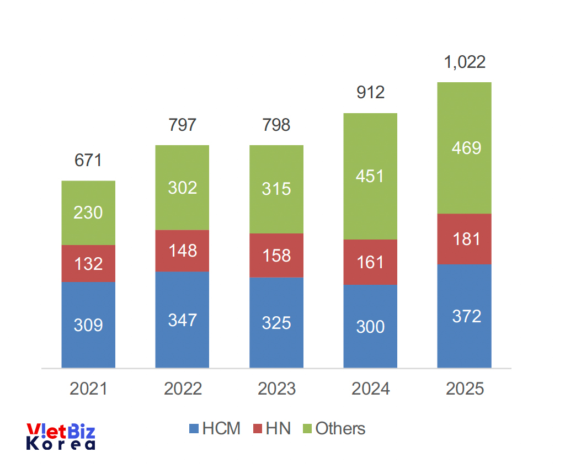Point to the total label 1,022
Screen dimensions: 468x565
[x=465, y=62]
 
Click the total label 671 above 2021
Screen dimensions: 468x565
[x=88, y=161]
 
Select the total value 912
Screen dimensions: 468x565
[x=370, y=92]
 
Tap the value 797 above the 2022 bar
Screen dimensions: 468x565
[x=182, y=125]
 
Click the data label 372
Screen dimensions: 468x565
[x=464, y=316]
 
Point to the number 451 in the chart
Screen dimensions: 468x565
[x=370, y=177]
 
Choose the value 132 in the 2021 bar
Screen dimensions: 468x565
[x=88, y=264]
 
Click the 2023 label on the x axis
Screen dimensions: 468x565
[x=276, y=389]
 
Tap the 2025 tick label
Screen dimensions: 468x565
[x=464, y=389]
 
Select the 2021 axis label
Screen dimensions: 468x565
[x=88, y=389]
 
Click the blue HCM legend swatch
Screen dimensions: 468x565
[x=194, y=429]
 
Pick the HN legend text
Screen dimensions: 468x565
[x=278, y=429]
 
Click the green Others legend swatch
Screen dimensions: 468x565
[x=306, y=429]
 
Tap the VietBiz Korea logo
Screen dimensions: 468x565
[x=61, y=437]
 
